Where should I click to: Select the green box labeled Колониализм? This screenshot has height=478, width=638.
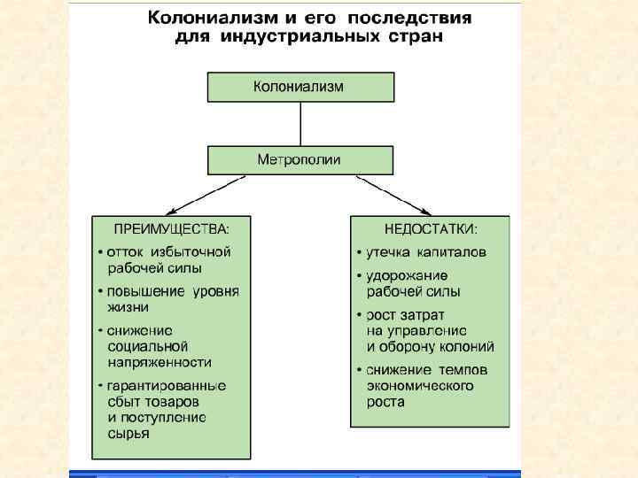pyautogui.click(x=300, y=87)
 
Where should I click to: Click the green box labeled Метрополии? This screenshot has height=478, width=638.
pyautogui.click(x=300, y=160)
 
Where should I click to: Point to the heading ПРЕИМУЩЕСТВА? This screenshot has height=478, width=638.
pyautogui.click(x=170, y=229)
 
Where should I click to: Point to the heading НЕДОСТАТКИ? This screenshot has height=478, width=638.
pyautogui.click(x=431, y=229)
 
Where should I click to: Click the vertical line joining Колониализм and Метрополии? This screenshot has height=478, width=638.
pyautogui.click(x=300, y=124)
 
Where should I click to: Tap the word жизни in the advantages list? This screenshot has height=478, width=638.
pyautogui.click(x=127, y=306)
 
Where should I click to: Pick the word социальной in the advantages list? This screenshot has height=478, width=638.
pyautogui.click(x=147, y=346)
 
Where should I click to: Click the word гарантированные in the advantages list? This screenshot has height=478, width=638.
pyautogui.click(x=167, y=387)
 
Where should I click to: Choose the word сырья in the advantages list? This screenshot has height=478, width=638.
pyautogui.click(x=128, y=434)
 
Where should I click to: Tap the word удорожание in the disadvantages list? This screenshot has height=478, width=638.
pyautogui.click(x=407, y=276)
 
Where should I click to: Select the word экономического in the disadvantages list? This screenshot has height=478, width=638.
pyautogui.click(x=420, y=386)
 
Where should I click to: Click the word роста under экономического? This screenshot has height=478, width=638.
pyautogui.click(x=385, y=402)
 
